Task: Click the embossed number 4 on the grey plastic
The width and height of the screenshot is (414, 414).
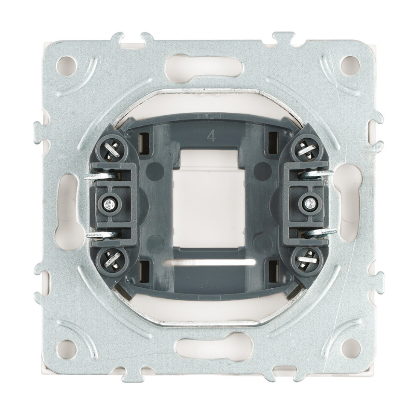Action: pyautogui.click(x=211, y=136)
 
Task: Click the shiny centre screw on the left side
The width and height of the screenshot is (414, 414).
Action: pyautogui.click(x=108, y=203)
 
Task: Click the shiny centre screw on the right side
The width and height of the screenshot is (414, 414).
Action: pyautogui.click(x=308, y=203)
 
